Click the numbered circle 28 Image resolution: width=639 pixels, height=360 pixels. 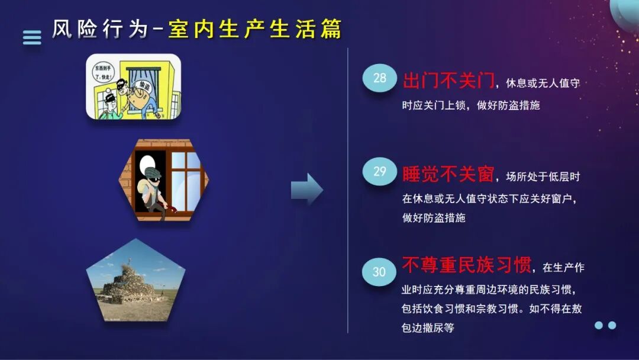click(379, 78)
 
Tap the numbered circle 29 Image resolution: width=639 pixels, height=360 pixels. click(379, 172)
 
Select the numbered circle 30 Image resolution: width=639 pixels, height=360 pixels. click(379, 272)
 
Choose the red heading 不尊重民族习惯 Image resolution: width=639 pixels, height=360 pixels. click(466, 265)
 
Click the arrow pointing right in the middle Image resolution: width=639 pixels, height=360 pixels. click(306, 190)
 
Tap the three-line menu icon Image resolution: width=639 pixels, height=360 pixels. click(32, 37)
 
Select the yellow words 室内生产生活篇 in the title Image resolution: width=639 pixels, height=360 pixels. click(255, 29)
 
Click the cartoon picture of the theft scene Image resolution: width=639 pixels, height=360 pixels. click(133, 86)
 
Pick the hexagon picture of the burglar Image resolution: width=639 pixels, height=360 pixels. click(166, 179)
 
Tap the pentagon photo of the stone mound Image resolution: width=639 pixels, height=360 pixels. click(135, 281)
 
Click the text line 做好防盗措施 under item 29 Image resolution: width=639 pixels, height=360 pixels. click(434, 218)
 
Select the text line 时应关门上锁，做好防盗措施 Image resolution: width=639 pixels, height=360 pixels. click(471, 105)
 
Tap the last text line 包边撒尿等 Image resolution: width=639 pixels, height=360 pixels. click(428, 327)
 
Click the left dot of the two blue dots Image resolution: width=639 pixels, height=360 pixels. click(598, 325)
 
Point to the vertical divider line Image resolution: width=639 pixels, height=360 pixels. click(347, 189)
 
